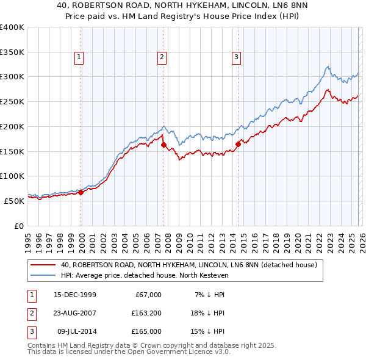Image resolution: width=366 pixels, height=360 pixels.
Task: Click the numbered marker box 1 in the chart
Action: (80, 58)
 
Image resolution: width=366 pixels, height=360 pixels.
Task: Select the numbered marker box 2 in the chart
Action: (162, 58)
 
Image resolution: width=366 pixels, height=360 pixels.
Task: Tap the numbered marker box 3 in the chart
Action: (236, 58)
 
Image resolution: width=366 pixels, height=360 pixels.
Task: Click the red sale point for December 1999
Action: (81, 192)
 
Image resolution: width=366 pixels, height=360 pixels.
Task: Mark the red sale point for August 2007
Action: (163, 145)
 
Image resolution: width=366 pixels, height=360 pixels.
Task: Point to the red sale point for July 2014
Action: (238, 143)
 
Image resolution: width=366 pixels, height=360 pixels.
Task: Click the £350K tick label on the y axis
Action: (12, 52)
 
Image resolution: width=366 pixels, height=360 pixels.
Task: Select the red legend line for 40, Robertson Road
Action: (44, 265)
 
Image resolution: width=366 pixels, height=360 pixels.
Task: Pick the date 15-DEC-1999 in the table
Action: (74, 295)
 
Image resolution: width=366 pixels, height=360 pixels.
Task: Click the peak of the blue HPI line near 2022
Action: (328, 67)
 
